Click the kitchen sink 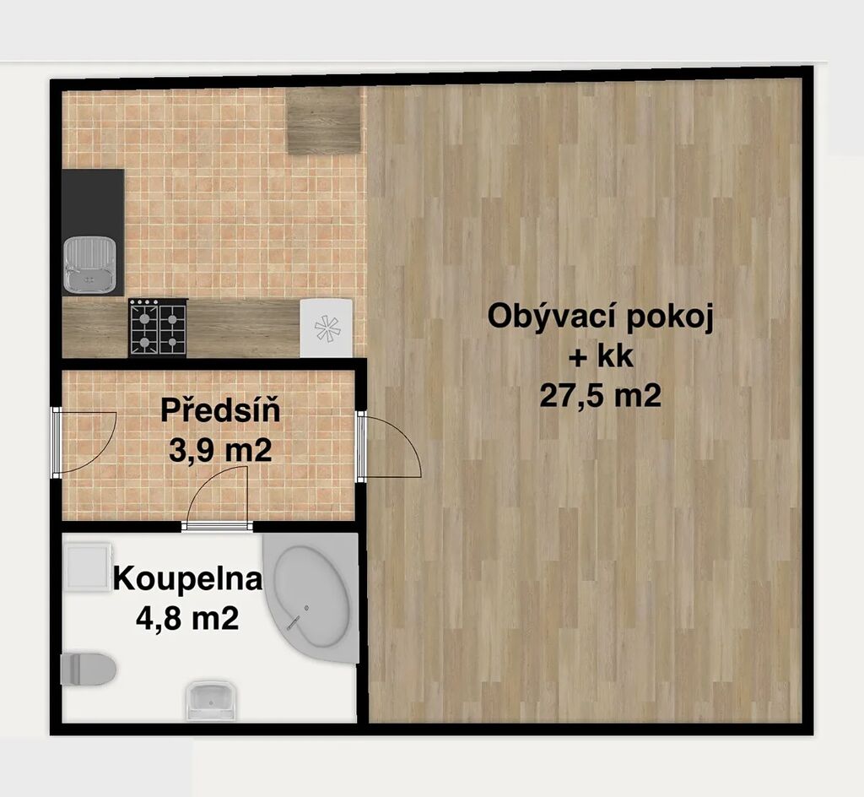[89, 264]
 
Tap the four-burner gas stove [158, 328]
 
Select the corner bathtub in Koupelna [311, 597]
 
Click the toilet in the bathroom [88, 669]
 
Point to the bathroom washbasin [212, 701]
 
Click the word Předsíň [220, 410]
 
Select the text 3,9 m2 [220, 452]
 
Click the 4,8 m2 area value [187, 618]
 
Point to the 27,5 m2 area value [601, 395]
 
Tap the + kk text [601, 357]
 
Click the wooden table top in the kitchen [324, 121]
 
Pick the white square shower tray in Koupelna [88, 567]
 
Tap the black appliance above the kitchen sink [93, 202]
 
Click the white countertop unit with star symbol [327, 328]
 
